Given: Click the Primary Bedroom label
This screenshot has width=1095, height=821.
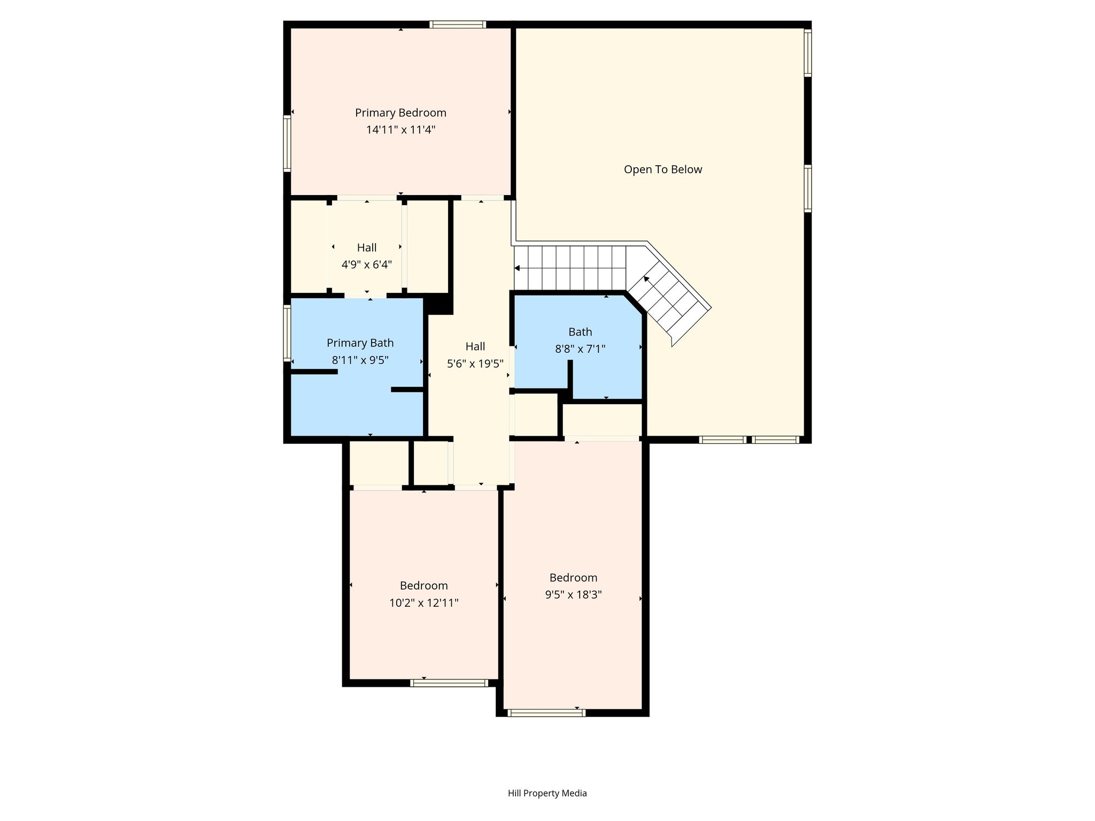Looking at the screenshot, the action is [x=400, y=113].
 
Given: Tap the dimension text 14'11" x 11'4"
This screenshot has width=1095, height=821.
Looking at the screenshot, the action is [x=400, y=130].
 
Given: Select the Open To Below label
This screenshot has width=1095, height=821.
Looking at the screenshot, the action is [x=663, y=169].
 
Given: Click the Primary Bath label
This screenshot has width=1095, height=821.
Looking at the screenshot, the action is [x=360, y=343].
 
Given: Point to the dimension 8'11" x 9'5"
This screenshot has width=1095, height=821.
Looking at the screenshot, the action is [x=360, y=360].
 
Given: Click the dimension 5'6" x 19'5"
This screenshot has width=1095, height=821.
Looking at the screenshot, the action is [x=475, y=364].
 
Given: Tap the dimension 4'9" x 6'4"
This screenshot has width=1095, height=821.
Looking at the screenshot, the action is [x=367, y=265].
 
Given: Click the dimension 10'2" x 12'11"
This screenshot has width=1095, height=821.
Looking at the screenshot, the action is [x=424, y=603].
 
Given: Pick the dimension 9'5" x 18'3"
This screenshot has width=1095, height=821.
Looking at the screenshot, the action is [x=574, y=595].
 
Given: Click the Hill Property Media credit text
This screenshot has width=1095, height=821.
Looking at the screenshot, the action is [x=547, y=793].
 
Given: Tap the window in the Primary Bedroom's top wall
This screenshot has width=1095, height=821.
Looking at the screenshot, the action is [x=457, y=24].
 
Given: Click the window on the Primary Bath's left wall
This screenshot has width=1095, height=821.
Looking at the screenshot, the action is [x=287, y=333].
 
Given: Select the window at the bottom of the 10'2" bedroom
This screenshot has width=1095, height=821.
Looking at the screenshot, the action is [x=449, y=683].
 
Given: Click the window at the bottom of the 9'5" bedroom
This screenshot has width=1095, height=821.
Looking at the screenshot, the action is [x=546, y=712].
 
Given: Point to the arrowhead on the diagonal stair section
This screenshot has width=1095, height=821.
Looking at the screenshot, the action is [x=647, y=279].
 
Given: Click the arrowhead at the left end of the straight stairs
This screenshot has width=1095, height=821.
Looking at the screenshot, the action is [x=517, y=268].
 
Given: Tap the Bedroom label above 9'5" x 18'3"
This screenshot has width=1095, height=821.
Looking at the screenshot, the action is [x=573, y=578].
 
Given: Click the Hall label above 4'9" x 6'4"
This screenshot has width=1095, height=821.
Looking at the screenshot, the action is [x=367, y=247].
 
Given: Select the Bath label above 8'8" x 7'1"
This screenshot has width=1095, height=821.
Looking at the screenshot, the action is [x=580, y=332].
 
